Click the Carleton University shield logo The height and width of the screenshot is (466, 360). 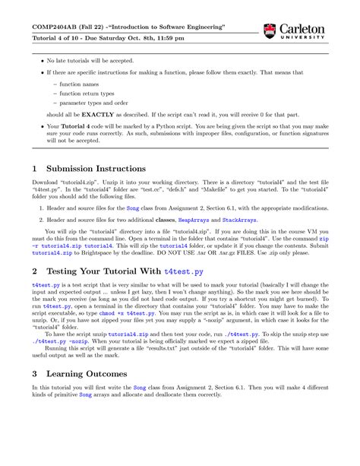[x=269, y=31]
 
